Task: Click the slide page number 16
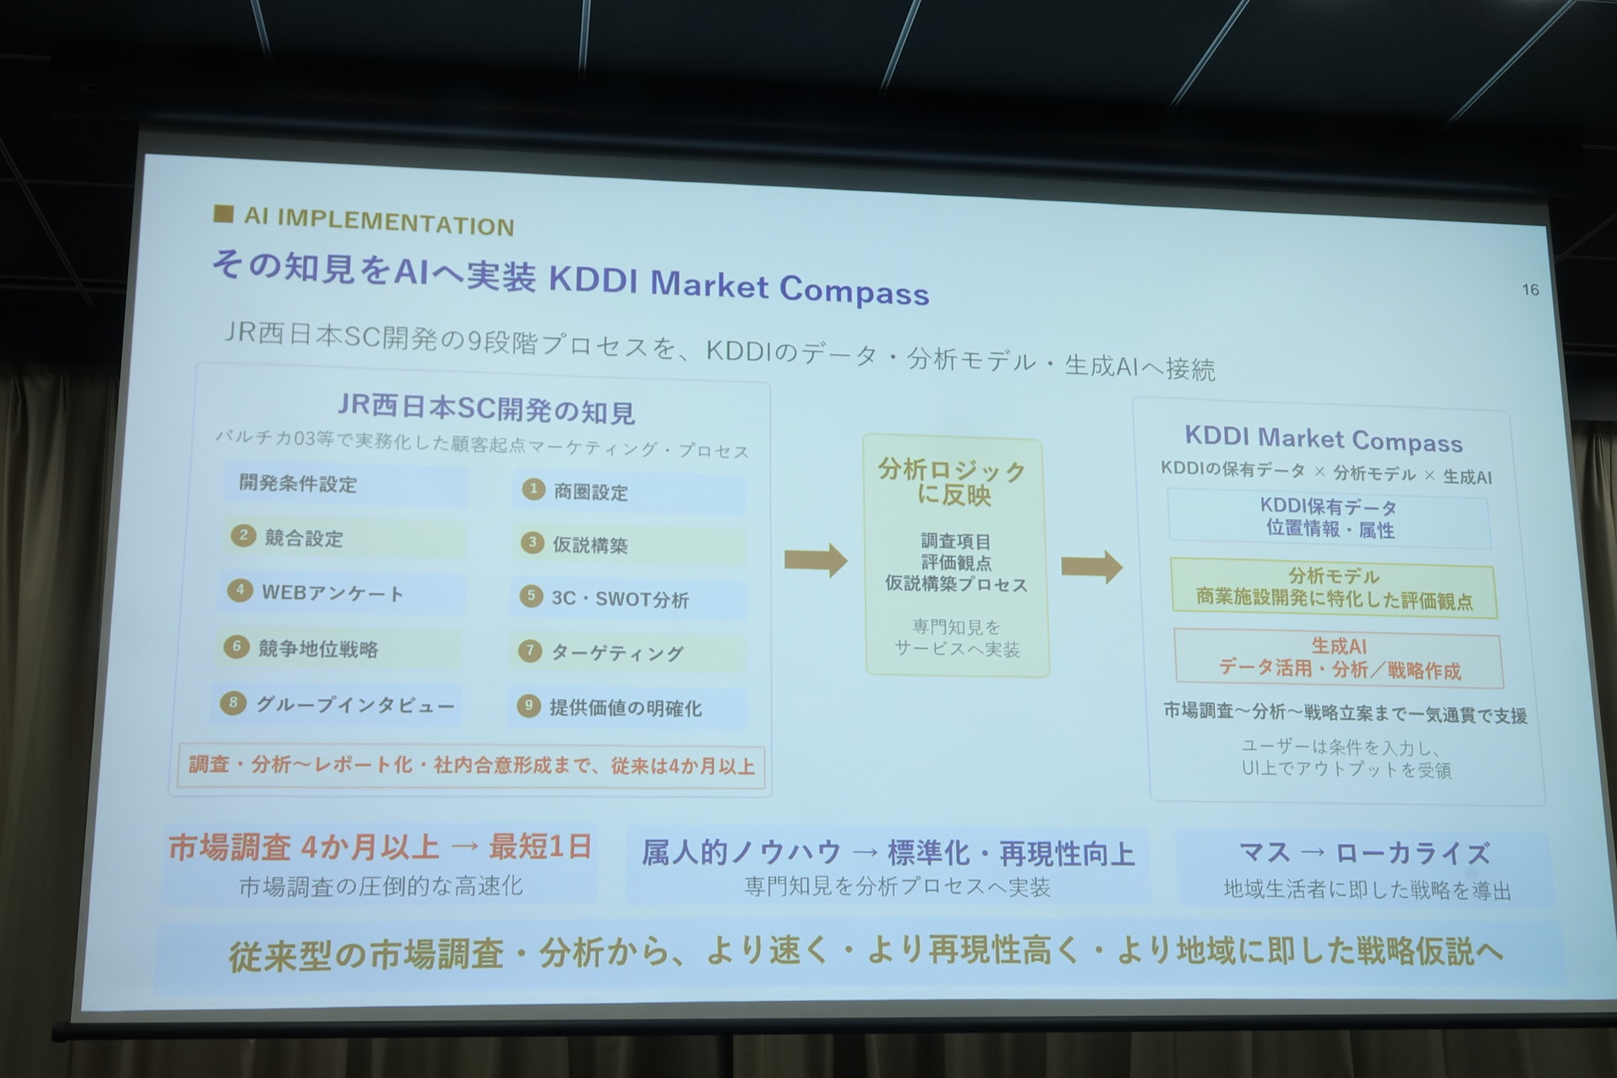[x=1530, y=290]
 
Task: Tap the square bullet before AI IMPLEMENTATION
[x=223, y=214]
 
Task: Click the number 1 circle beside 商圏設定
[x=533, y=489]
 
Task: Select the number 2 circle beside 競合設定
[x=243, y=536]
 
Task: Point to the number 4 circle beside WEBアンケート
[x=240, y=590]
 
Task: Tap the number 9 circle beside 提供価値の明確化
[x=528, y=705]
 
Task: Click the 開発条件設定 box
[x=346, y=484]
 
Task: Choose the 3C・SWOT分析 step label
[x=620, y=599]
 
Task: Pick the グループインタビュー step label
[x=355, y=704]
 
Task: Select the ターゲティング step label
[x=617, y=652]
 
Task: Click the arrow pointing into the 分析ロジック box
[x=815, y=560]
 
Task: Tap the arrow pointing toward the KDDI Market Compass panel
[x=1091, y=566]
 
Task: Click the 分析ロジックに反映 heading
[x=953, y=482]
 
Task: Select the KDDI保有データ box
[x=1329, y=519]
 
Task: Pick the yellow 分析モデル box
[x=1334, y=589]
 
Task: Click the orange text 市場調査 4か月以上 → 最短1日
[x=380, y=846]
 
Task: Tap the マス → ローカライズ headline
[x=1364, y=853]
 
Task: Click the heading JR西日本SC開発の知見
[x=487, y=409]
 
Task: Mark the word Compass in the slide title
[x=854, y=291]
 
